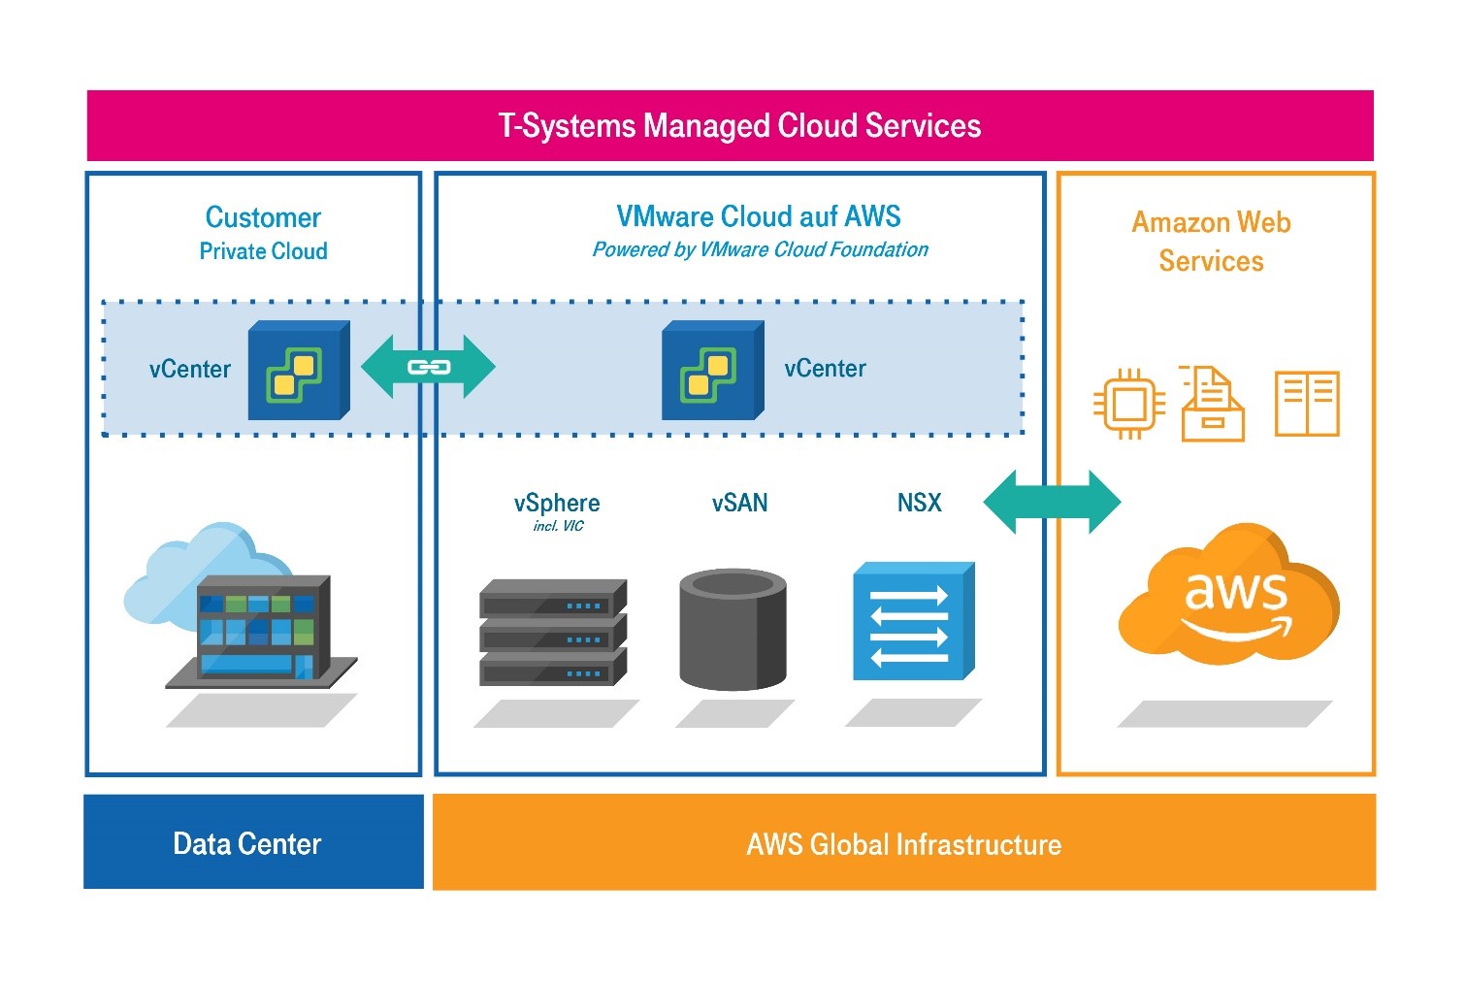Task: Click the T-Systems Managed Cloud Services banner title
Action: pos(739,126)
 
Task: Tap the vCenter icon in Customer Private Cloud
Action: pos(298,371)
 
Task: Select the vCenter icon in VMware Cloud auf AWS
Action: pos(712,371)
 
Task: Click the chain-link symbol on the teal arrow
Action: pos(428,367)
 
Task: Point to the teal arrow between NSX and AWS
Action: pos(1052,502)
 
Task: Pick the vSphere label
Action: pos(557,503)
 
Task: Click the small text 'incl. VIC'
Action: pos(558,526)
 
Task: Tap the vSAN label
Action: pos(739,503)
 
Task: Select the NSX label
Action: pos(919,503)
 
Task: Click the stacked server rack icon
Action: pos(553,633)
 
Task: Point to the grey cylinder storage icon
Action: pos(733,629)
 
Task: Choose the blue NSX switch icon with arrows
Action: pos(912,621)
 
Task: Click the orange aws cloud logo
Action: pos(1230,594)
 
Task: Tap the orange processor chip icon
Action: pos(1128,404)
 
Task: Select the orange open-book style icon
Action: pos(1306,404)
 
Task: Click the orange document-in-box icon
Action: pos(1212,404)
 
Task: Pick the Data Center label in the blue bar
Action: pos(247,843)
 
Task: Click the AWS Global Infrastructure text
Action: pos(903,844)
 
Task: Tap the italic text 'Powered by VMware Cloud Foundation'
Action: pos(760,250)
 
